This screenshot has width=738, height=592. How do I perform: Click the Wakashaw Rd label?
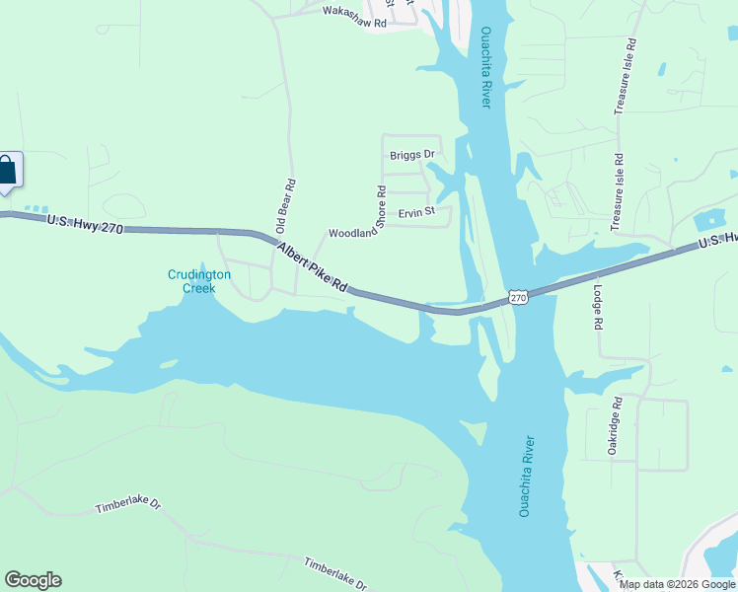point(354,11)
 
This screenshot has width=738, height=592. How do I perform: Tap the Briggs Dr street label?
point(411,155)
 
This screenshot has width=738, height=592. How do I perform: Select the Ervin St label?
point(416,212)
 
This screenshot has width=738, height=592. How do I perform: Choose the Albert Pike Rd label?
point(312,267)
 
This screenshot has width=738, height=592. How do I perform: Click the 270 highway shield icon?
point(520,296)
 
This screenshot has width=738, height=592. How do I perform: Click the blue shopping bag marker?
point(8,170)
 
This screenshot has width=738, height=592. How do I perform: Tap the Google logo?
point(33,580)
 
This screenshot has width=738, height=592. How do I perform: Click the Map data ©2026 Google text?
point(677,584)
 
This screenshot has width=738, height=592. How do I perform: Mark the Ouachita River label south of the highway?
point(526,476)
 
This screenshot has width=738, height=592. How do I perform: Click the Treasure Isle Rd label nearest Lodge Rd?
point(617,192)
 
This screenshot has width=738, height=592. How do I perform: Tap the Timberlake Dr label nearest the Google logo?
point(127,505)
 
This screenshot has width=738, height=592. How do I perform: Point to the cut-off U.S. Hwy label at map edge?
point(717,242)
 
